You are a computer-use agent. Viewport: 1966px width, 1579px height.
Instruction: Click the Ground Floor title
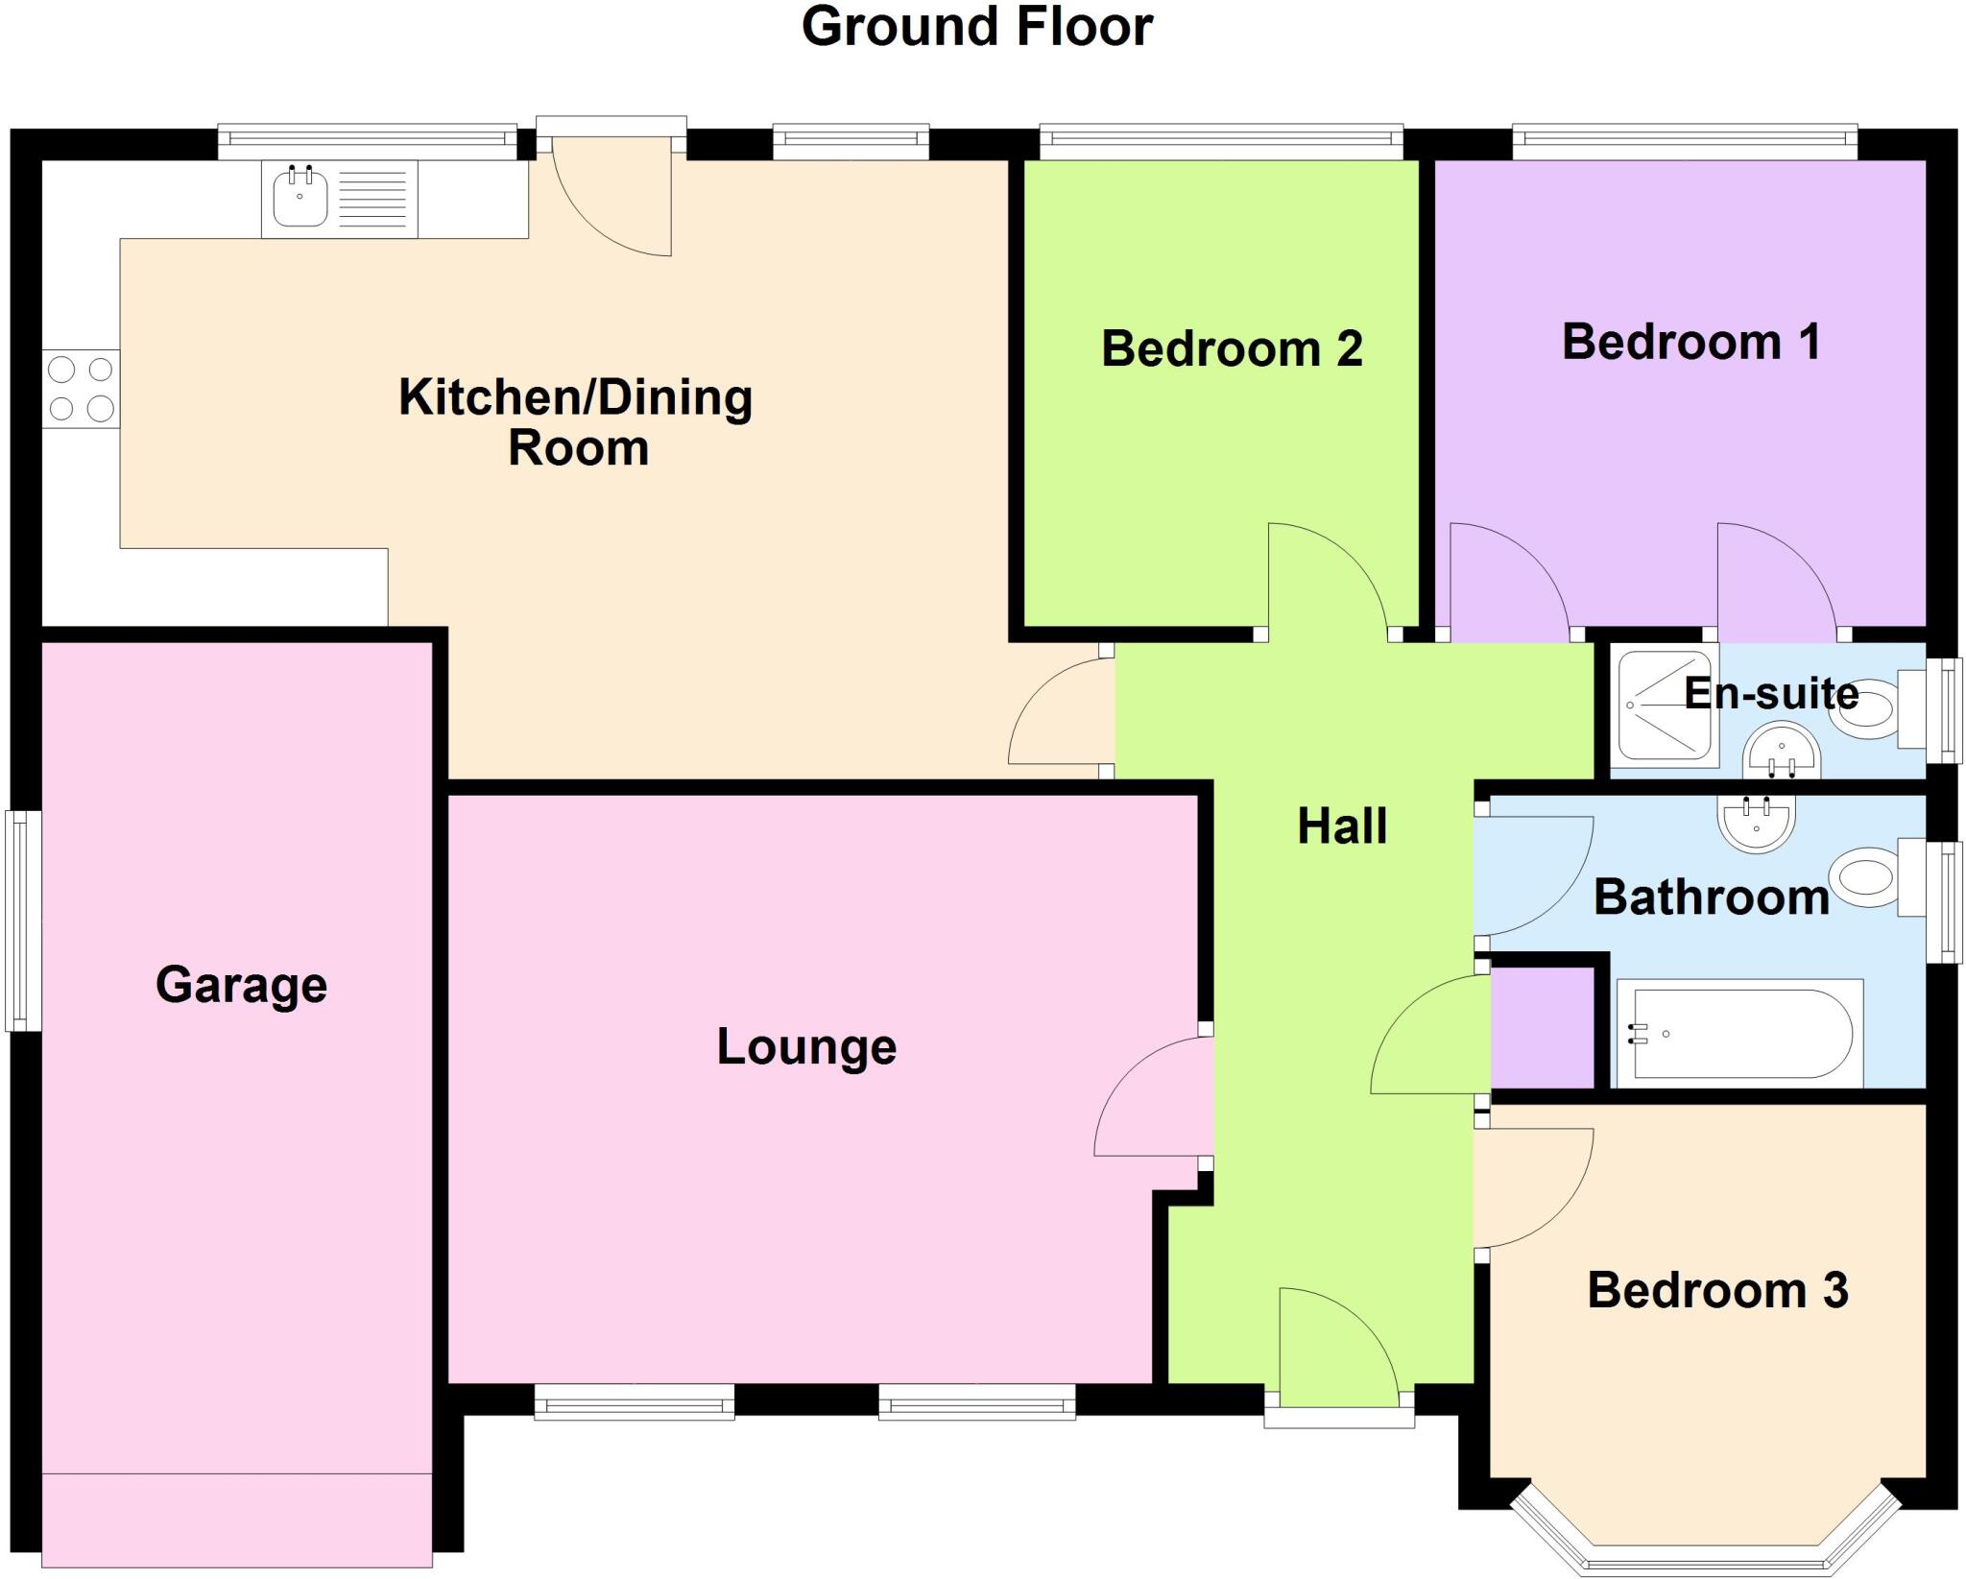(976, 27)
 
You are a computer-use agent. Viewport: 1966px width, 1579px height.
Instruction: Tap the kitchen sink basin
(300, 198)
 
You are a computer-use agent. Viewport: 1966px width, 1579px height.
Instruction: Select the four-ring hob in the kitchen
(81, 389)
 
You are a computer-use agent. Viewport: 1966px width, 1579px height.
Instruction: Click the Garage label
(241, 985)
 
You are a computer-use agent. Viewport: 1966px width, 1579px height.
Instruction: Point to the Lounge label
(805, 1046)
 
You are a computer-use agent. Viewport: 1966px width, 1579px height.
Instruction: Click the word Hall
(1341, 826)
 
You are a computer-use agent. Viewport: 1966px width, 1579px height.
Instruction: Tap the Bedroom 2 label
(1231, 348)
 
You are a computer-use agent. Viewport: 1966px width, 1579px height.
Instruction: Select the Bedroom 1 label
(1690, 342)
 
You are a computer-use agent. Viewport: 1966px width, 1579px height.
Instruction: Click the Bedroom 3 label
(1717, 1290)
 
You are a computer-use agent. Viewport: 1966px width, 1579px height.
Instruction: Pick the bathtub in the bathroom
(1738, 1034)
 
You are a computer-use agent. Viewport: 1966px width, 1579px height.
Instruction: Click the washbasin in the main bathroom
(1756, 824)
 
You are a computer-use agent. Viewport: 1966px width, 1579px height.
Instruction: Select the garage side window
(23, 921)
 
